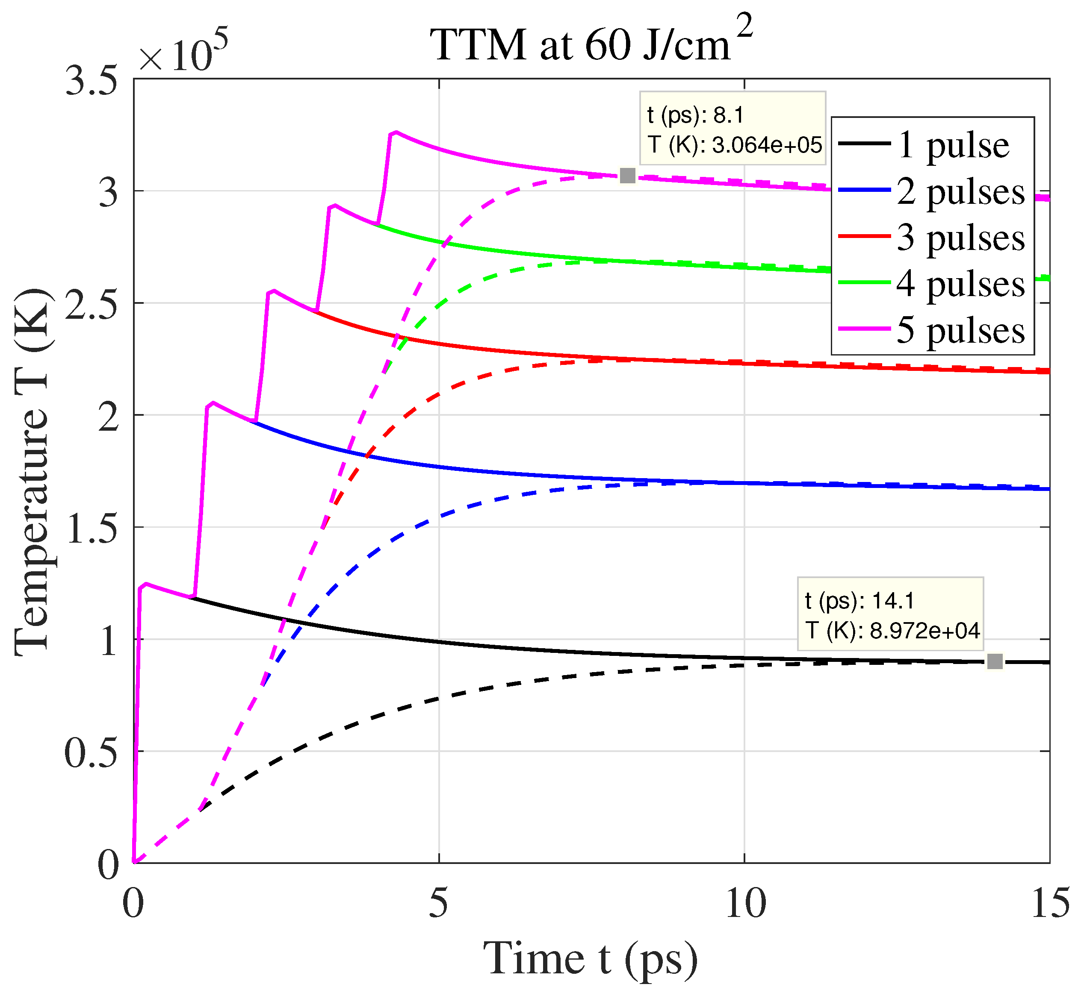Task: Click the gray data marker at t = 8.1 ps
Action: pyautogui.click(x=627, y=176)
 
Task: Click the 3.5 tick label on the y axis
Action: pyautogui.click(x=92, y=82)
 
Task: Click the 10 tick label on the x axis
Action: pyautogui.click(x=745, y=904)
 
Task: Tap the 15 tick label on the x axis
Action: pyautogui.click(x=1049, y=904)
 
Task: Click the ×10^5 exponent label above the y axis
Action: pyautogui.click(x=183, y=54)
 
